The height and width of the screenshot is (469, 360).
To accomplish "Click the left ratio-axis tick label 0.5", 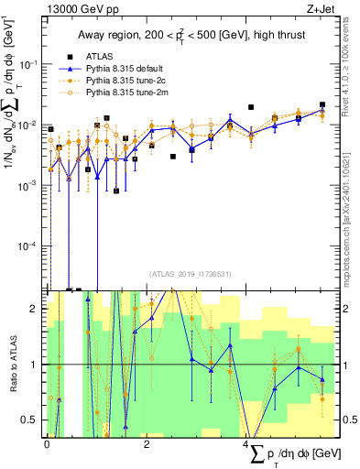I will (x=33, y=420).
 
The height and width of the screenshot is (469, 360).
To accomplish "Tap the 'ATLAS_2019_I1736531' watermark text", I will (x=190, y=273).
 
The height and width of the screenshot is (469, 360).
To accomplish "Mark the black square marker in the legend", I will (x=70, y=56).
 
